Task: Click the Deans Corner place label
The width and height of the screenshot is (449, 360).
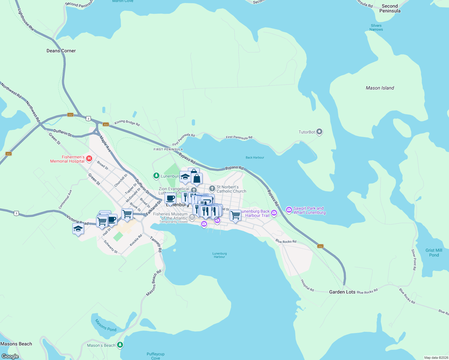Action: (61, 51)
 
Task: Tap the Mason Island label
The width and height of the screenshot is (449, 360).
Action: (380, 88)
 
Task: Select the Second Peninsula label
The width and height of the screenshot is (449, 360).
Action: (390, 8)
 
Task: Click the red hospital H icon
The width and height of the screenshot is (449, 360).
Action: (89, 158)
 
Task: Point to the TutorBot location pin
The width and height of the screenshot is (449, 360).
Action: (319, 132)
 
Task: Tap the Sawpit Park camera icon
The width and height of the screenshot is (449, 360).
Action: (289, 210)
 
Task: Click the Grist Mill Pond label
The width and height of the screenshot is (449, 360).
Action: (434, 253)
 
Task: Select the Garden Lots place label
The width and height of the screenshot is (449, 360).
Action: (342, 292)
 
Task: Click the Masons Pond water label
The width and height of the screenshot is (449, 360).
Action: (105, 325)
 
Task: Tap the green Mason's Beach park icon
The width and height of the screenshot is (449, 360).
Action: (120, 345)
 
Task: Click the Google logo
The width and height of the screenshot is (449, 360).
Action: (10, 356)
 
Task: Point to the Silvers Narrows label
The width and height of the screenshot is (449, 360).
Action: (376, 28)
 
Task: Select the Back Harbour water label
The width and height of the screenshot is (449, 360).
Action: (255, 157)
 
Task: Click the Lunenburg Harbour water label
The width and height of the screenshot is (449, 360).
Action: (219, 255)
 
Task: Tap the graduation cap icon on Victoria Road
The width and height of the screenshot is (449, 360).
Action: (78, 229)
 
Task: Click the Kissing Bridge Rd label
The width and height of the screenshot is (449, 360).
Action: (127, 123)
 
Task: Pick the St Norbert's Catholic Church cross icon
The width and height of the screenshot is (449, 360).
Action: (212, 189)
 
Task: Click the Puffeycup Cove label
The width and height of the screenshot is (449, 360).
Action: (155, 356)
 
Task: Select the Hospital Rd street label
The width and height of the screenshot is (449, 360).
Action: (307, 285)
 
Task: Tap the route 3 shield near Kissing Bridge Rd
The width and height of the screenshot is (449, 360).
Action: (88, 119)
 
